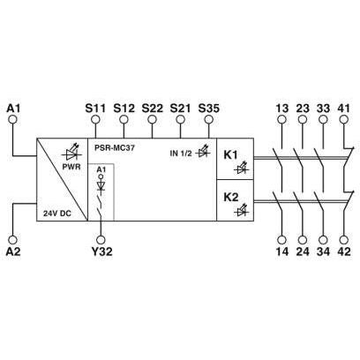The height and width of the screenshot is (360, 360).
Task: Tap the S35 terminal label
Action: coord(209,109)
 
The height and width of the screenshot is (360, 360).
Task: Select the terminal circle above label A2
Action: coord(12,240)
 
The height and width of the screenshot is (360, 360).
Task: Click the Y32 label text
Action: coord(101,251)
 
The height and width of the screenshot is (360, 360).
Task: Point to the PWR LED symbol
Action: coord(71,154)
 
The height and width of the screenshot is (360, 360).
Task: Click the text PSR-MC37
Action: coord(115,148)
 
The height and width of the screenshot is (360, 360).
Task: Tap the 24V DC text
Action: coord(57,214)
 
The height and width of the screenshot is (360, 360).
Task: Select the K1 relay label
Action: coord(231,155)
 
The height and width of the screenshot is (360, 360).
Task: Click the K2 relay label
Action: coord(231,197)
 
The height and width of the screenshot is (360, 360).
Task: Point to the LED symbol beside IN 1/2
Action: coord(203,152)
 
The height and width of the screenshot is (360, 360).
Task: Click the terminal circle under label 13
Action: coord(281,119)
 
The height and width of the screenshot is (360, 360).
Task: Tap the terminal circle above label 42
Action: coord(343,240)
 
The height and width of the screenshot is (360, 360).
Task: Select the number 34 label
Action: coord(323,251)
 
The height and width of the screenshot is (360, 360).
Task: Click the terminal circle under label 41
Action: coord(343,119)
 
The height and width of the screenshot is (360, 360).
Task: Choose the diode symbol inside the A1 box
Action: coord(101,185)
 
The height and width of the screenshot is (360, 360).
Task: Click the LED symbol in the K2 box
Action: coord(242,210)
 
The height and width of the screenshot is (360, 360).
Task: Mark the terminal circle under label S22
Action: coord(152,119)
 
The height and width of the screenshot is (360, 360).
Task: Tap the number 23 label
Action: coord(303,109)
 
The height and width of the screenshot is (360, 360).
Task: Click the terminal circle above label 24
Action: coord(303,240)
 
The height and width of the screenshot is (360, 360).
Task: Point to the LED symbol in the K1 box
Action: coord(242,168)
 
